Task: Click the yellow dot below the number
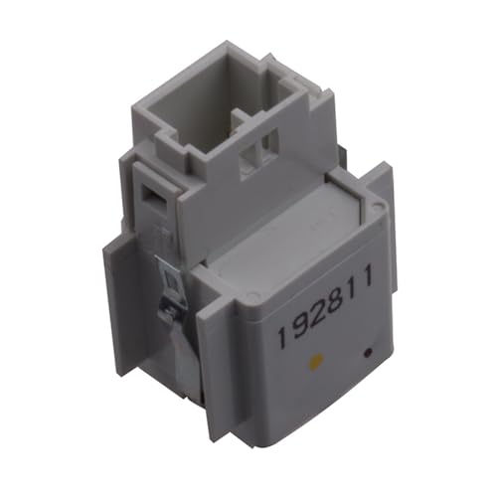click(x=317, y=362)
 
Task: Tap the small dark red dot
click(x=369, y=351)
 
